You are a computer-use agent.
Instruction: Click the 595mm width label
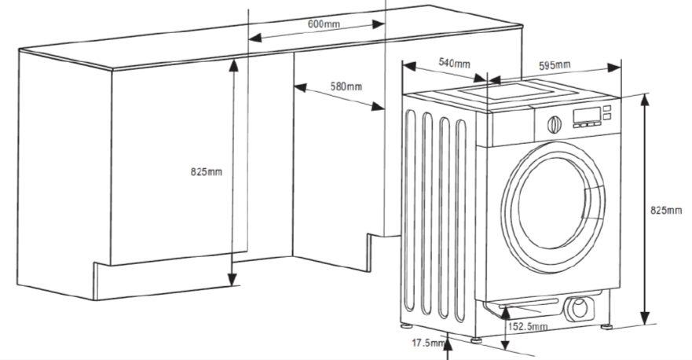click(555, 65)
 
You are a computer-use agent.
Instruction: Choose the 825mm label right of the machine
click(667, 211)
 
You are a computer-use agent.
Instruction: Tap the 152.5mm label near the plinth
click(527, 326)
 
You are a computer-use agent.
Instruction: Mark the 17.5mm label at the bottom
click(426, 343)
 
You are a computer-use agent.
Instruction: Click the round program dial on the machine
click(554, 123)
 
